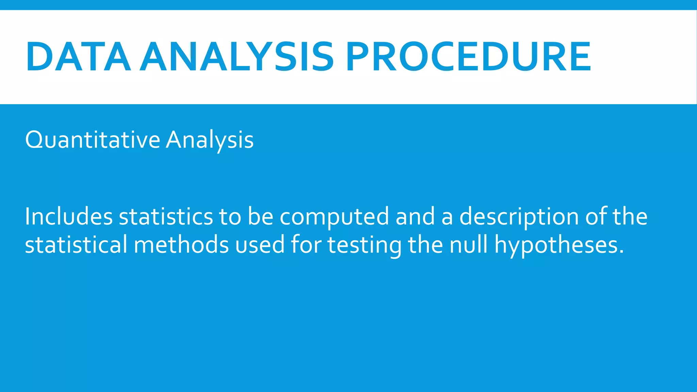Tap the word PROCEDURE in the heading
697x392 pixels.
tap(468, 56)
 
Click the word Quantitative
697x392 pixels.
tap(93, 140)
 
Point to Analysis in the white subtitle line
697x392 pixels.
tap(210, 140)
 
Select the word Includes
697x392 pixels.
tap(68, 216)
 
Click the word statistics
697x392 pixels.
tap(166, 216)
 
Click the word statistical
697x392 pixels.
tap(76, 244)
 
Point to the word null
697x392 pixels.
tap(469, 244)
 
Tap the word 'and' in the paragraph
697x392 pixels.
tap(415, 216)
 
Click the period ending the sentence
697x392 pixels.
tap(621, 252)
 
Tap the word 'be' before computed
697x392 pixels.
tap(260, 216)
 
